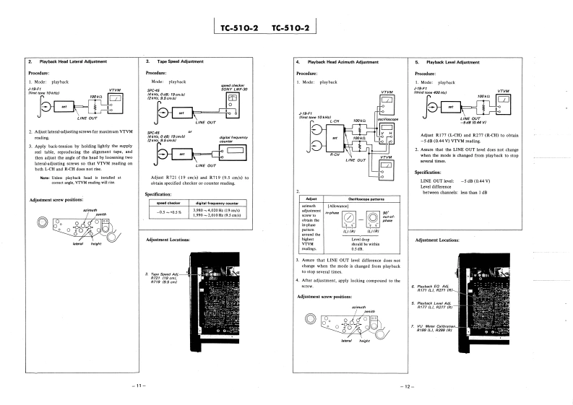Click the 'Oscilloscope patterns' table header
pyautogui.click(x=364, y=199)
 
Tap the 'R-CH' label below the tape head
pyautogui.click(x=335, y=154)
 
